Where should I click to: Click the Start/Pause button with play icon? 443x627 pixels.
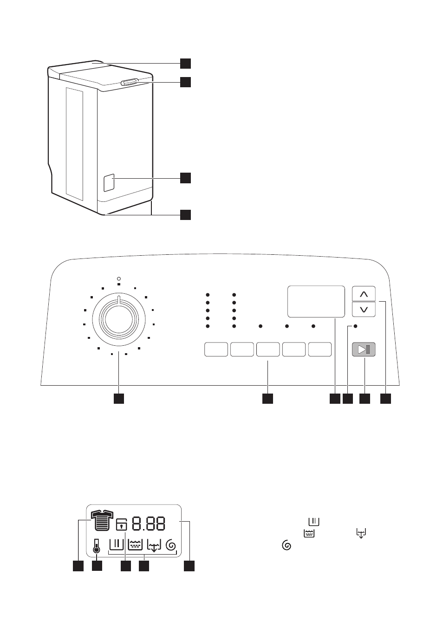tap(364, 349)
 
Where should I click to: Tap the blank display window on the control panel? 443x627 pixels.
tap(316, 302)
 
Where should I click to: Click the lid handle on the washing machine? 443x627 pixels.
tap(130, 82)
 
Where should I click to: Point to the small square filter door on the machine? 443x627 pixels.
tap(109, 182)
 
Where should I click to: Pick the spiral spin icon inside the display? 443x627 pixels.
tap(171, 545)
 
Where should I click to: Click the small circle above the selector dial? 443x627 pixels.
tap(119, 279)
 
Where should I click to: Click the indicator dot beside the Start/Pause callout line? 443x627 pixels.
tap(356, 326)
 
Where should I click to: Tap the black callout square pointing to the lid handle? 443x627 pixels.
tap(185, 82)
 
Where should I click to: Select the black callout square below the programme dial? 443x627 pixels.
tap(119, 399)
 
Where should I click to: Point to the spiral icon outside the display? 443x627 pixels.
tap(287, 545)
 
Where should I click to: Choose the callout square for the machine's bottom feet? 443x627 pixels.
tap(185, 215)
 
